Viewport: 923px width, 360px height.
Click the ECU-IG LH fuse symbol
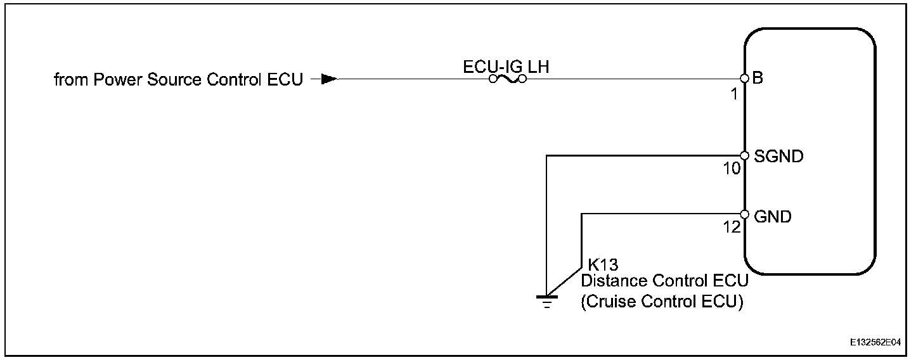point(507,80)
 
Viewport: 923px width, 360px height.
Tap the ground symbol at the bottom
point(545,299)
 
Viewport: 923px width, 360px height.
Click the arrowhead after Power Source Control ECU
point(328,80)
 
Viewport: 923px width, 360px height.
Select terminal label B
point(758,79)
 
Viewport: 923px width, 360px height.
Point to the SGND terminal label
point(778,156)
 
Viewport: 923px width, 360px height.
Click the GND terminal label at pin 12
point(773,217)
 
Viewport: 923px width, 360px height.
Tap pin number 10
point(732,169)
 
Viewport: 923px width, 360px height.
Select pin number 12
point(732,227)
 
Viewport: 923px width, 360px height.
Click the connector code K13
point(603,265)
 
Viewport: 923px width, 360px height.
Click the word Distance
point(612,281)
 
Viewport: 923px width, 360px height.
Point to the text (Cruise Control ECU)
point(662,302)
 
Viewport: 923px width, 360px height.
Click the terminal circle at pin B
point(745,79)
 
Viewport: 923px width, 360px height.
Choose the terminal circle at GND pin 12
point(745,214)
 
